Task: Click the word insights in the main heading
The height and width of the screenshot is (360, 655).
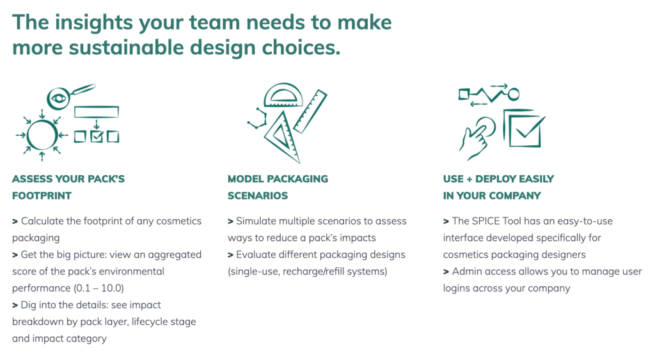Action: tap(94, 23)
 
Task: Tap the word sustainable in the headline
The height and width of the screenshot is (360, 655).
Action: tap(127, 47)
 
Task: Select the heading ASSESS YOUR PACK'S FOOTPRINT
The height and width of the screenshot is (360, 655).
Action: tap(68, 187)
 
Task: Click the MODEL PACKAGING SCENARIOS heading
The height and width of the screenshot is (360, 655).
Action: tap(278, 187)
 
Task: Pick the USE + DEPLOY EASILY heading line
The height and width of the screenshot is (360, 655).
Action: tap(498, 179)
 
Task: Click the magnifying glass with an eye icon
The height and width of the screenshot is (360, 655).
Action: tap(58, 98)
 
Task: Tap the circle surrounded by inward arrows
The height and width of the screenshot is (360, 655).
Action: tap(42, 135)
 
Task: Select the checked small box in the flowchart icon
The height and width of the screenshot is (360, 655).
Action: tap(97, 137)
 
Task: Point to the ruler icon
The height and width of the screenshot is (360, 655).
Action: tap(310, 111)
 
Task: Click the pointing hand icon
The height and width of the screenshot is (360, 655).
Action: tap(476, 139)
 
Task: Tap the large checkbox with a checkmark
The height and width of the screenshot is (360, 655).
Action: tap(524, 129)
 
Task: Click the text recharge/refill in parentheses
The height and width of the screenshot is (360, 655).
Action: tap(313, 272)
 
